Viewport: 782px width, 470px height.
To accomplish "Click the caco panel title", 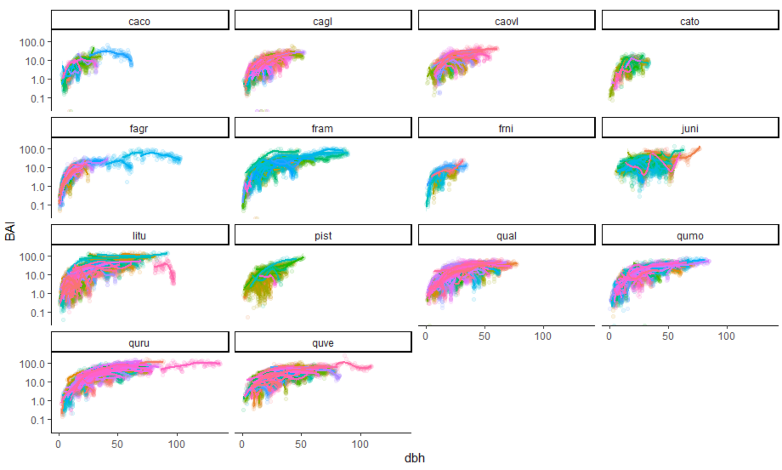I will [x=139, y=21].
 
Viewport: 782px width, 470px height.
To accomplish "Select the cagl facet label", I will [x=323, y=21].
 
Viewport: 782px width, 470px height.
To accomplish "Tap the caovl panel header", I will [x=506, y=21].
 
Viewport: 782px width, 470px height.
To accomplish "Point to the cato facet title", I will [x=689, y=21].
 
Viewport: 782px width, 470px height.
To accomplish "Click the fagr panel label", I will [x=139, y=128].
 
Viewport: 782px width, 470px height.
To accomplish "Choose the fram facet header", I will [x=323, y=128].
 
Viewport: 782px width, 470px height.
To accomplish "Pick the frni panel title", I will [x=506, y=128].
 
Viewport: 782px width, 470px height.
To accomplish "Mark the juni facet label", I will [x=689, y=128].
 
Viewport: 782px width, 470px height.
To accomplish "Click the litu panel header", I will [x=139, y=236].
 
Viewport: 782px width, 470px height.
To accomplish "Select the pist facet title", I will [x=323, y=236].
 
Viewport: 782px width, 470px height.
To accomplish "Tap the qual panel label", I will [x=506, y=236].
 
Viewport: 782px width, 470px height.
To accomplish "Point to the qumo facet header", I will [x=689, y=236].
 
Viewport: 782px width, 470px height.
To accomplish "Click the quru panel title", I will [x=139, y=343].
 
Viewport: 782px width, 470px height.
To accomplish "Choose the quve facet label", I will [x=323, y=343].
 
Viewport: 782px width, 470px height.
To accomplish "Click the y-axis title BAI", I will [x=10, y=231].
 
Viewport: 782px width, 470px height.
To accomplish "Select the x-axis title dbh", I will [x=414, y=458].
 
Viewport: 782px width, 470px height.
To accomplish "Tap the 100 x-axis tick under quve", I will [x=360, y=444].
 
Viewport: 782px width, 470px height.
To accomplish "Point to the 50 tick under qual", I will [x=484, y=336].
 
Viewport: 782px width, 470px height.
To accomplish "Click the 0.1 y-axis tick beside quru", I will [x=37, y=420].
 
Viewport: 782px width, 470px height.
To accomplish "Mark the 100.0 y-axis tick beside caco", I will [x=32, y=42].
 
